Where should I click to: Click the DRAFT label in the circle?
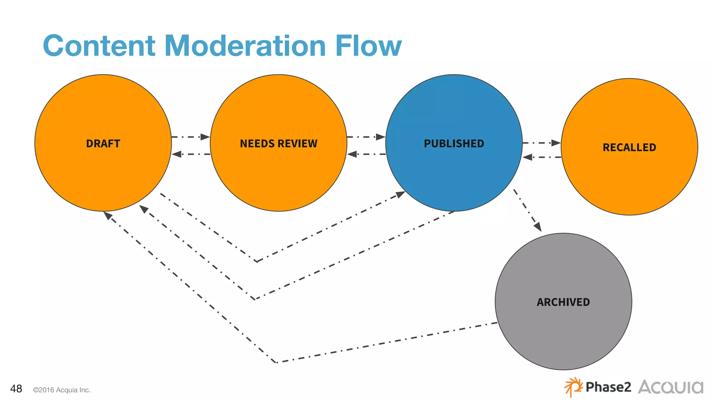(x=103, y=143)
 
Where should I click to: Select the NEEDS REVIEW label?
(x=279, y=143)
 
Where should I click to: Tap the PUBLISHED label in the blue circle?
(x=454, y=143)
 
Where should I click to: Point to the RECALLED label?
(x=629, y=147)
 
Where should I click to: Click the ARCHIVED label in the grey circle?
(x=563, y=302)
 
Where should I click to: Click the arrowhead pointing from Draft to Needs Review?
(x=205, y=137)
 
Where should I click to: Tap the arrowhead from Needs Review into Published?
(x=381, y=137)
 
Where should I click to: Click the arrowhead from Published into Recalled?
(x=556, y=143)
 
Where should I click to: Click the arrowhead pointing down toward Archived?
(x=538, y=227)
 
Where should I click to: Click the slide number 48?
(x=16, y=388)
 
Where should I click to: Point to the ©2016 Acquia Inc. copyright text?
(x=62, y=390)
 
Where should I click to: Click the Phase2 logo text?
(x=608, y=387)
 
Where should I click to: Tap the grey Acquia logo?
(x=671, y=387)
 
